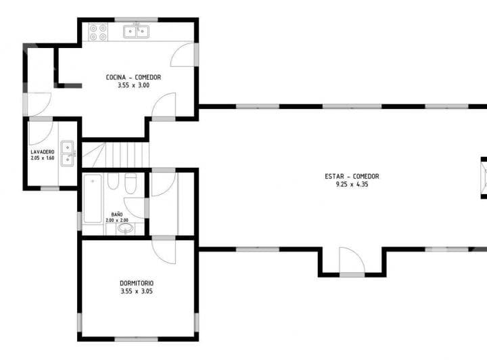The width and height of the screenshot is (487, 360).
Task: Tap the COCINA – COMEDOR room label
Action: [133, 77]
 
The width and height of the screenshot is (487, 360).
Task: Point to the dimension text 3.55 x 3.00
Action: [133, 85]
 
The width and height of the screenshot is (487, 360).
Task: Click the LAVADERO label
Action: [42, 152]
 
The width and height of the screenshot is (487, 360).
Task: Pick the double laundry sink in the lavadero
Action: [68, 153]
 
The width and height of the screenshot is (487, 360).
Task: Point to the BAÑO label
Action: [117, 214]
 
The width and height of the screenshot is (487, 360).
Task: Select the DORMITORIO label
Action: [137, 283]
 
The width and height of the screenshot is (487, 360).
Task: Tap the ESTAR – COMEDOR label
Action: [352, 177]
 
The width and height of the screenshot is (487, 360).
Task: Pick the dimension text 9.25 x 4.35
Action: [352, 184]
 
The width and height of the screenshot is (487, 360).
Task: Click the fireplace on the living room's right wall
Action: [483, 177]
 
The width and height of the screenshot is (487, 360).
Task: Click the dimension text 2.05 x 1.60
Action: [42, 158]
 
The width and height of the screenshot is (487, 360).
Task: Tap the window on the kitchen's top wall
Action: [136, 19]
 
